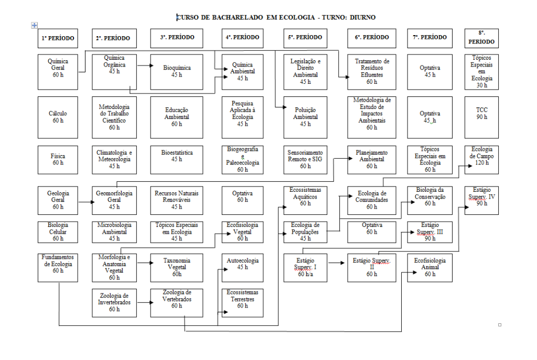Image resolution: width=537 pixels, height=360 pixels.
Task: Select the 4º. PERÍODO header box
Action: pyautogui.click(x=242, y=38)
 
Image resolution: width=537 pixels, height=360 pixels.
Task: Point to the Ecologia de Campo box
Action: pyautogui.click(x=482, y=159)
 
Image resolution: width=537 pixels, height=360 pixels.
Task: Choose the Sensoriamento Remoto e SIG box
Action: pyautogui.click(x=305, y=159)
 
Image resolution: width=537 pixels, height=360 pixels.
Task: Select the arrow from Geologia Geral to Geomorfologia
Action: pyautogui.click(x=84, y=200)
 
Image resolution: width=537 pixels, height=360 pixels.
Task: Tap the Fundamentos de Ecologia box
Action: pyautogui.click(x=58, y=267)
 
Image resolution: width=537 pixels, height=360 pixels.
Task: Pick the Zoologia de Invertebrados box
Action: pyautogui.click(x=114, y=302)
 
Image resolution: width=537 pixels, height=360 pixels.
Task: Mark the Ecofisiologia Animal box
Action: pyautogui.click(x=430, y=267)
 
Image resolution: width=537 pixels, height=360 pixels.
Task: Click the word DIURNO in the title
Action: pyautogui.click(x=360, y=17)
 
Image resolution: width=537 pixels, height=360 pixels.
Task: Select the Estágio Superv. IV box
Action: pyautogui.click(x=482, y=200)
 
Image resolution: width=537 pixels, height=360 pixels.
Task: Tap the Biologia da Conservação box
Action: pyautogui.click(x=430, y=200)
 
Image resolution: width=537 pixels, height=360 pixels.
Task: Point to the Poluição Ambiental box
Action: pyautogui.click(x=305, y=117)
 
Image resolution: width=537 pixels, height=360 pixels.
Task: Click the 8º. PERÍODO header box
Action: pyautogui.click(x=482, y=38)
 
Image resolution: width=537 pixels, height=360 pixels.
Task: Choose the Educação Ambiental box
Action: pyautogui.click(x=177, y=117)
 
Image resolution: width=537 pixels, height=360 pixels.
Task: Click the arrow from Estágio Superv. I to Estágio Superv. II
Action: pyautogui.click(x=337, y=260)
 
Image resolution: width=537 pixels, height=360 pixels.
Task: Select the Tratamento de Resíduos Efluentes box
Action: pyautogui.click(x=372, y=71)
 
